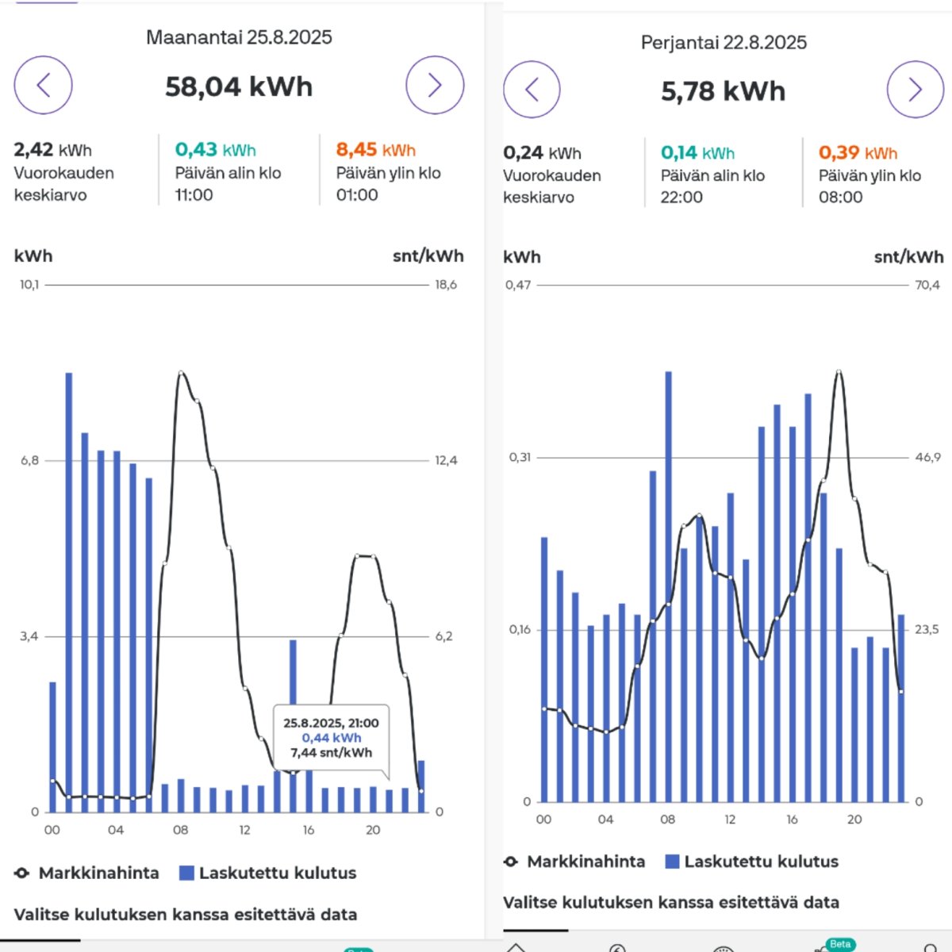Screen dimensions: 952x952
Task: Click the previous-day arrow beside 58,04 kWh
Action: [43, 85]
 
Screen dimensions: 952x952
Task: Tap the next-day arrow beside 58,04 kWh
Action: [435, 85]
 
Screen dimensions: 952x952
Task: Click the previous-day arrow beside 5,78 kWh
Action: [532, 90]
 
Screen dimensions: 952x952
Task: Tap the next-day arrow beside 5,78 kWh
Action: [915, 90]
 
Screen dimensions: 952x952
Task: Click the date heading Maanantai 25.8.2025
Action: [239, 37]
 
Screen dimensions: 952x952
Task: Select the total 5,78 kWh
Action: [723, 91]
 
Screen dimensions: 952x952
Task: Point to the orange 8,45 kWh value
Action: [375, 150]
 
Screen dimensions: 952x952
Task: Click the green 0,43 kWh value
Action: [215, 150]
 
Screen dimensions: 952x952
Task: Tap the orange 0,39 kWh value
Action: [858, 153]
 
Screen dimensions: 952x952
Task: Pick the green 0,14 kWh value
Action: [697, 153]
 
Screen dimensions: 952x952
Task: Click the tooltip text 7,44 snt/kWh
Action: [331, 753]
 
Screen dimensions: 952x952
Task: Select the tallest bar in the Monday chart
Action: [69, 591]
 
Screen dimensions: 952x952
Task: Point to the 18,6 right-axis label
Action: [446, 285]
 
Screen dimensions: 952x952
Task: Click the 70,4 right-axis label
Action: [927, 285]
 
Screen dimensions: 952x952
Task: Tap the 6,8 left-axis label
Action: [29, 460]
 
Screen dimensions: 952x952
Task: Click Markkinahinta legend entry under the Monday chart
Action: [87, 873]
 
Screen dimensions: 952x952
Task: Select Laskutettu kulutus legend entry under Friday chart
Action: [751, 862]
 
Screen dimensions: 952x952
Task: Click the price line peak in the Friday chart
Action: [839, 371]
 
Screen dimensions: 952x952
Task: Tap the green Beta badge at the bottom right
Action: [839, 944]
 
